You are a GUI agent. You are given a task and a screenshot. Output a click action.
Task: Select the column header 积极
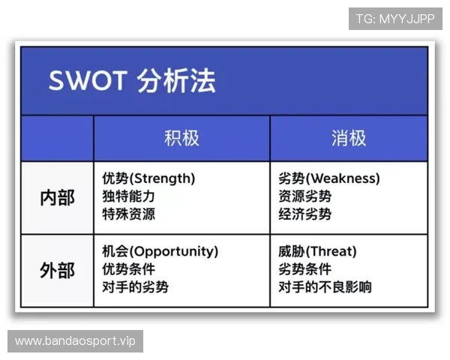181,138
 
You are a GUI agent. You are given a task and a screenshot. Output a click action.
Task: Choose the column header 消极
349,138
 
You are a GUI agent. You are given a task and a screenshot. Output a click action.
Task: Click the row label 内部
57,198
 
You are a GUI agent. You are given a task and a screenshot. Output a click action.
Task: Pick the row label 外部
57,270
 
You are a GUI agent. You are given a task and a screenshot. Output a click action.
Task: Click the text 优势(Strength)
148,179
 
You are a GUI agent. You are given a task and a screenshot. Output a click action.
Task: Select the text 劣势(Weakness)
328,179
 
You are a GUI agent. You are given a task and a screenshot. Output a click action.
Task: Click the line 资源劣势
304,196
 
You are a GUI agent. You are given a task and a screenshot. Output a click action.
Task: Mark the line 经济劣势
304,214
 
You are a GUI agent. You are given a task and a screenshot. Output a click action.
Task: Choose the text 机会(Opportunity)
160,251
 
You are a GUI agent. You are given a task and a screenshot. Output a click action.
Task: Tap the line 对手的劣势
135,287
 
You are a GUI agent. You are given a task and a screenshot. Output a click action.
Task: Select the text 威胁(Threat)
317,251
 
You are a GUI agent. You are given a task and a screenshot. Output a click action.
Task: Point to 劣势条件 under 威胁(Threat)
304,269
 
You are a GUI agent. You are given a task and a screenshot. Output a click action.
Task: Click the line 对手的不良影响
325,287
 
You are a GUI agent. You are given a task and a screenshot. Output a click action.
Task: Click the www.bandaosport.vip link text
74,341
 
